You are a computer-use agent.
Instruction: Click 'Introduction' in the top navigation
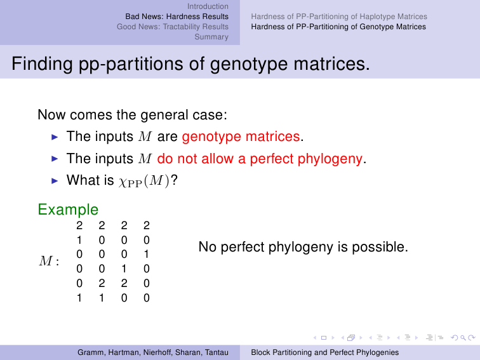(208, 6)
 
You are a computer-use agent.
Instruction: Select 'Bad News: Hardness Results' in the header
(177, 17)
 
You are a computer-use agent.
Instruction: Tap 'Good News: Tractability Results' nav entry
(172, 27)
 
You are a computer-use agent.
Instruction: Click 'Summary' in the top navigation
(211, 37)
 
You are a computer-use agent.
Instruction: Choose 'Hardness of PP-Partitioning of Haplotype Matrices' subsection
(339, 17)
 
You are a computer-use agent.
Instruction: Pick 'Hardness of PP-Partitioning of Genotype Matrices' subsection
(338, 27)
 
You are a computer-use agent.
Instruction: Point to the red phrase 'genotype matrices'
(241, 137)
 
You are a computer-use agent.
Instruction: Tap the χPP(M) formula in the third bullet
(144, 180)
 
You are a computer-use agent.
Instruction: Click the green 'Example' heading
(68, 210)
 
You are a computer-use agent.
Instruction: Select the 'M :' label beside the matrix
(49, 261)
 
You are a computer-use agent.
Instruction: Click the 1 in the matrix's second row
(79, 240)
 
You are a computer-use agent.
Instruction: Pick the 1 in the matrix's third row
(146, 254)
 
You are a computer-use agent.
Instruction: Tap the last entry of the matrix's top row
(146, 225)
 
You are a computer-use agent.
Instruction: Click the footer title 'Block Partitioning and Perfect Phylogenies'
(325, 352)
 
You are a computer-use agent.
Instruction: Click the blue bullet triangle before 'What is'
(55, 180)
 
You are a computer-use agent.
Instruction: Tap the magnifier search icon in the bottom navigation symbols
(463, 338)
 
